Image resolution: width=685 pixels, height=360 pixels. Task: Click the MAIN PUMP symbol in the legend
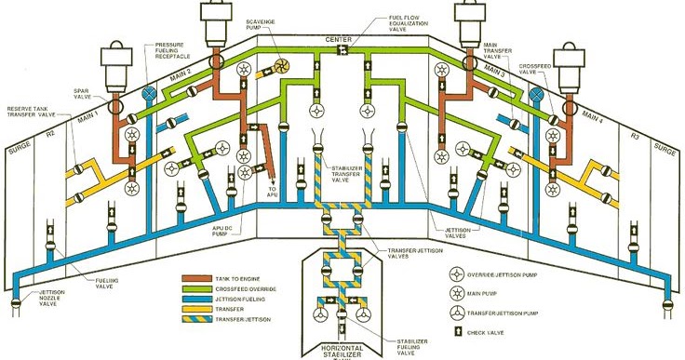(x=459, y=292)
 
